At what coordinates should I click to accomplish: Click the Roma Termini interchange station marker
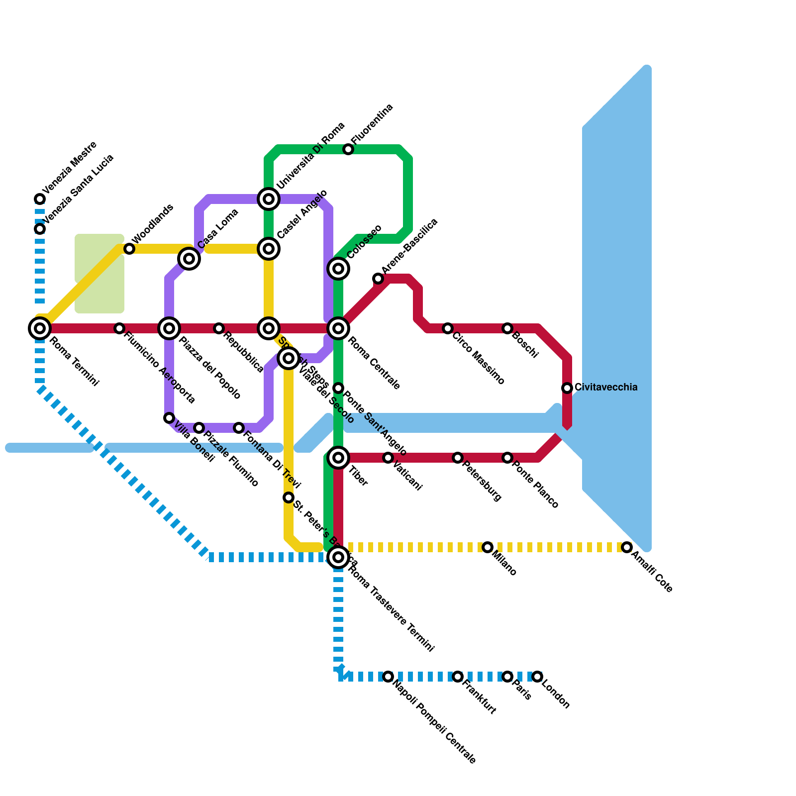[40, 328]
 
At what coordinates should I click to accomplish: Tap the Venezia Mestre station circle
[40, 199]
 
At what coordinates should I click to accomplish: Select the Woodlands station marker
[129, 249]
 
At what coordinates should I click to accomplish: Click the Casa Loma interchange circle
[189, 259]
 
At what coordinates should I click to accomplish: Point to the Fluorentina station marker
[348, 149]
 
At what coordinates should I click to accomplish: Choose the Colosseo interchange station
[338, 269]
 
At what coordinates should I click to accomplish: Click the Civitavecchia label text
[605, 387]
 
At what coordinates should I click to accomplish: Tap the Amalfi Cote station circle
[627, 547]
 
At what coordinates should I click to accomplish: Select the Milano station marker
[488, 547]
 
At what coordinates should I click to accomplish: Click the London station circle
[537, 677]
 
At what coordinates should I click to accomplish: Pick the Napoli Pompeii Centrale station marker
[388, 677]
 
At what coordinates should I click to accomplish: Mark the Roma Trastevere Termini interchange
[338, 557]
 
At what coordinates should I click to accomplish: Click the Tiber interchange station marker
[338, 458]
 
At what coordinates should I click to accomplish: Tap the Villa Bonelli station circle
[169, 418]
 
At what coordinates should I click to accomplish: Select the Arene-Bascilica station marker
[378, 279]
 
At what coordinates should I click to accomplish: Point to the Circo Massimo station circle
[448, 328]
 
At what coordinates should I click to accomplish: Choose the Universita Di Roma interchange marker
[269, 199]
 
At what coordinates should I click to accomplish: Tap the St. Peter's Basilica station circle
[289, 497]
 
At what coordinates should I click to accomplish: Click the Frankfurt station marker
[458, 677]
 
